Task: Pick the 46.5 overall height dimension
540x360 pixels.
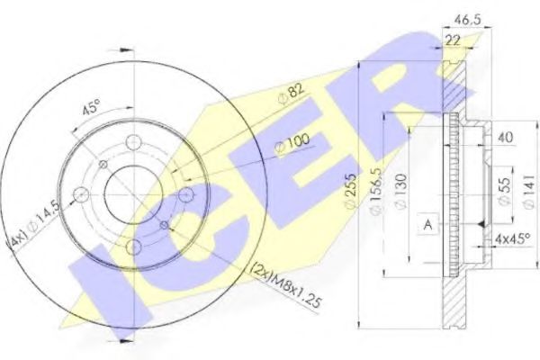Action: click(x=465, y=16)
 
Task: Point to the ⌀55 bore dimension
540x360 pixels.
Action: click(x=506, y=189)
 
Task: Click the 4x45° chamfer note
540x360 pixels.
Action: click(x=511, y=238)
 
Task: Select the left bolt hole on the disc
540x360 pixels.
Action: click(x=81, y=195)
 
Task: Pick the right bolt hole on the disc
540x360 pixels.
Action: click(x=186, y=195)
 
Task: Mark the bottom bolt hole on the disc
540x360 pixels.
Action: click(x=133, y=247)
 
